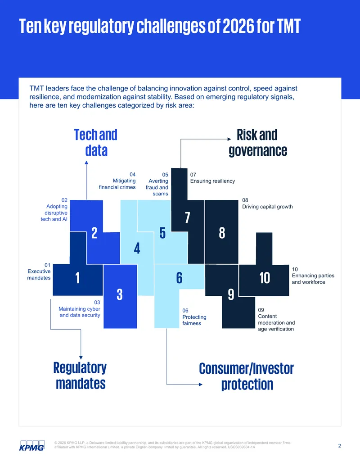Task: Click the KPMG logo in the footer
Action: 32,445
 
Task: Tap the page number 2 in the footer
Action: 339,446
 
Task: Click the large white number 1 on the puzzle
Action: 77,278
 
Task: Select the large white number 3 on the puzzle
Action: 119,294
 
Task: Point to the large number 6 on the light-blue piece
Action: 179,278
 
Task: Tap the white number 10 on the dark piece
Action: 264,278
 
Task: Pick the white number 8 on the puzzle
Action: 222,233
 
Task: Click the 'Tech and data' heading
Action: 96,143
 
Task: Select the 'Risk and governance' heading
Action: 258,143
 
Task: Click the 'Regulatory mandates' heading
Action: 80,376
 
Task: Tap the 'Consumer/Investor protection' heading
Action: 246,376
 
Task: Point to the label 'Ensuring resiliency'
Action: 212,181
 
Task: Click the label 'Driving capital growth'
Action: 267,207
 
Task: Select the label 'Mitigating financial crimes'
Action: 117,184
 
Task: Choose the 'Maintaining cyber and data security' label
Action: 80,312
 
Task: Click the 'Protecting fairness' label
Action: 194,320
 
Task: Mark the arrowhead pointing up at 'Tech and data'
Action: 86,163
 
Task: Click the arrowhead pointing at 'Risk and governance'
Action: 229,139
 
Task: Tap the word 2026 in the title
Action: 238,26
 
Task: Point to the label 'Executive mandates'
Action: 39,275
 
